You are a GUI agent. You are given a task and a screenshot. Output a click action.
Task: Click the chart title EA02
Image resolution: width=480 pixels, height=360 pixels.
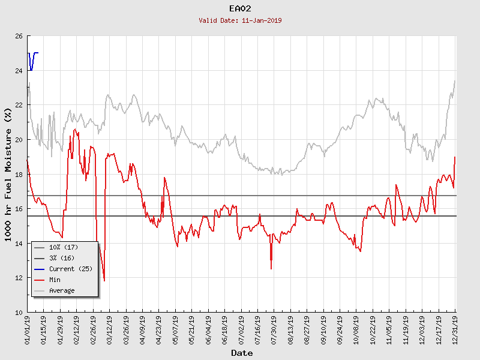pos(240,9)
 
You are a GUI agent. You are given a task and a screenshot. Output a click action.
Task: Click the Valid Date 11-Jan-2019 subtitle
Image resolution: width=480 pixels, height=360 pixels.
pos(240,20)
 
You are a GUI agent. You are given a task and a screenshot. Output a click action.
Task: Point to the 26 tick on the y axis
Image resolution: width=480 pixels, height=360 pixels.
pos(19,37)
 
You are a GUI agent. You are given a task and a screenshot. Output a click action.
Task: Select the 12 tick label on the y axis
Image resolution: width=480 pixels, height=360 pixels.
pos(19,278)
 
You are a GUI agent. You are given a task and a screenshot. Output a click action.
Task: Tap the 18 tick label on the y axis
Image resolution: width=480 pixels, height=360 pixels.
pos(19,175)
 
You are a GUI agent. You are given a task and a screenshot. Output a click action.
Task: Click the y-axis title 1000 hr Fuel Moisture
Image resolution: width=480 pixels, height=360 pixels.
pos(8,175)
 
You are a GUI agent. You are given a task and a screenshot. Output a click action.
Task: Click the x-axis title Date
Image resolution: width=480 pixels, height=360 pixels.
pos(242,353)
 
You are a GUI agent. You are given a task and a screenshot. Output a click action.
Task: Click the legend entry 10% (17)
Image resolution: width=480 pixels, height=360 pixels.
pos(64,247)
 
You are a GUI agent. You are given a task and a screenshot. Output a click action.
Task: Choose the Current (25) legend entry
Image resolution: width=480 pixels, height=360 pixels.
pos(70,269)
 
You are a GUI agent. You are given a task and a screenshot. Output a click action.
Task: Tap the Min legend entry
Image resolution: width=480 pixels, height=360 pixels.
pos(55,280)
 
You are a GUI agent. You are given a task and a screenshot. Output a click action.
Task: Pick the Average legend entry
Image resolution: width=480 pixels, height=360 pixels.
pos(62,290)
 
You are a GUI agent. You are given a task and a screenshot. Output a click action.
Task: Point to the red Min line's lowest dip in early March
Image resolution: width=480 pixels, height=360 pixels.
pos(104,280)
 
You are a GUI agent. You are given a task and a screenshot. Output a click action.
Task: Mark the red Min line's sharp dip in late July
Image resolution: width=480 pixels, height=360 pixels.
pos(271,268)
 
